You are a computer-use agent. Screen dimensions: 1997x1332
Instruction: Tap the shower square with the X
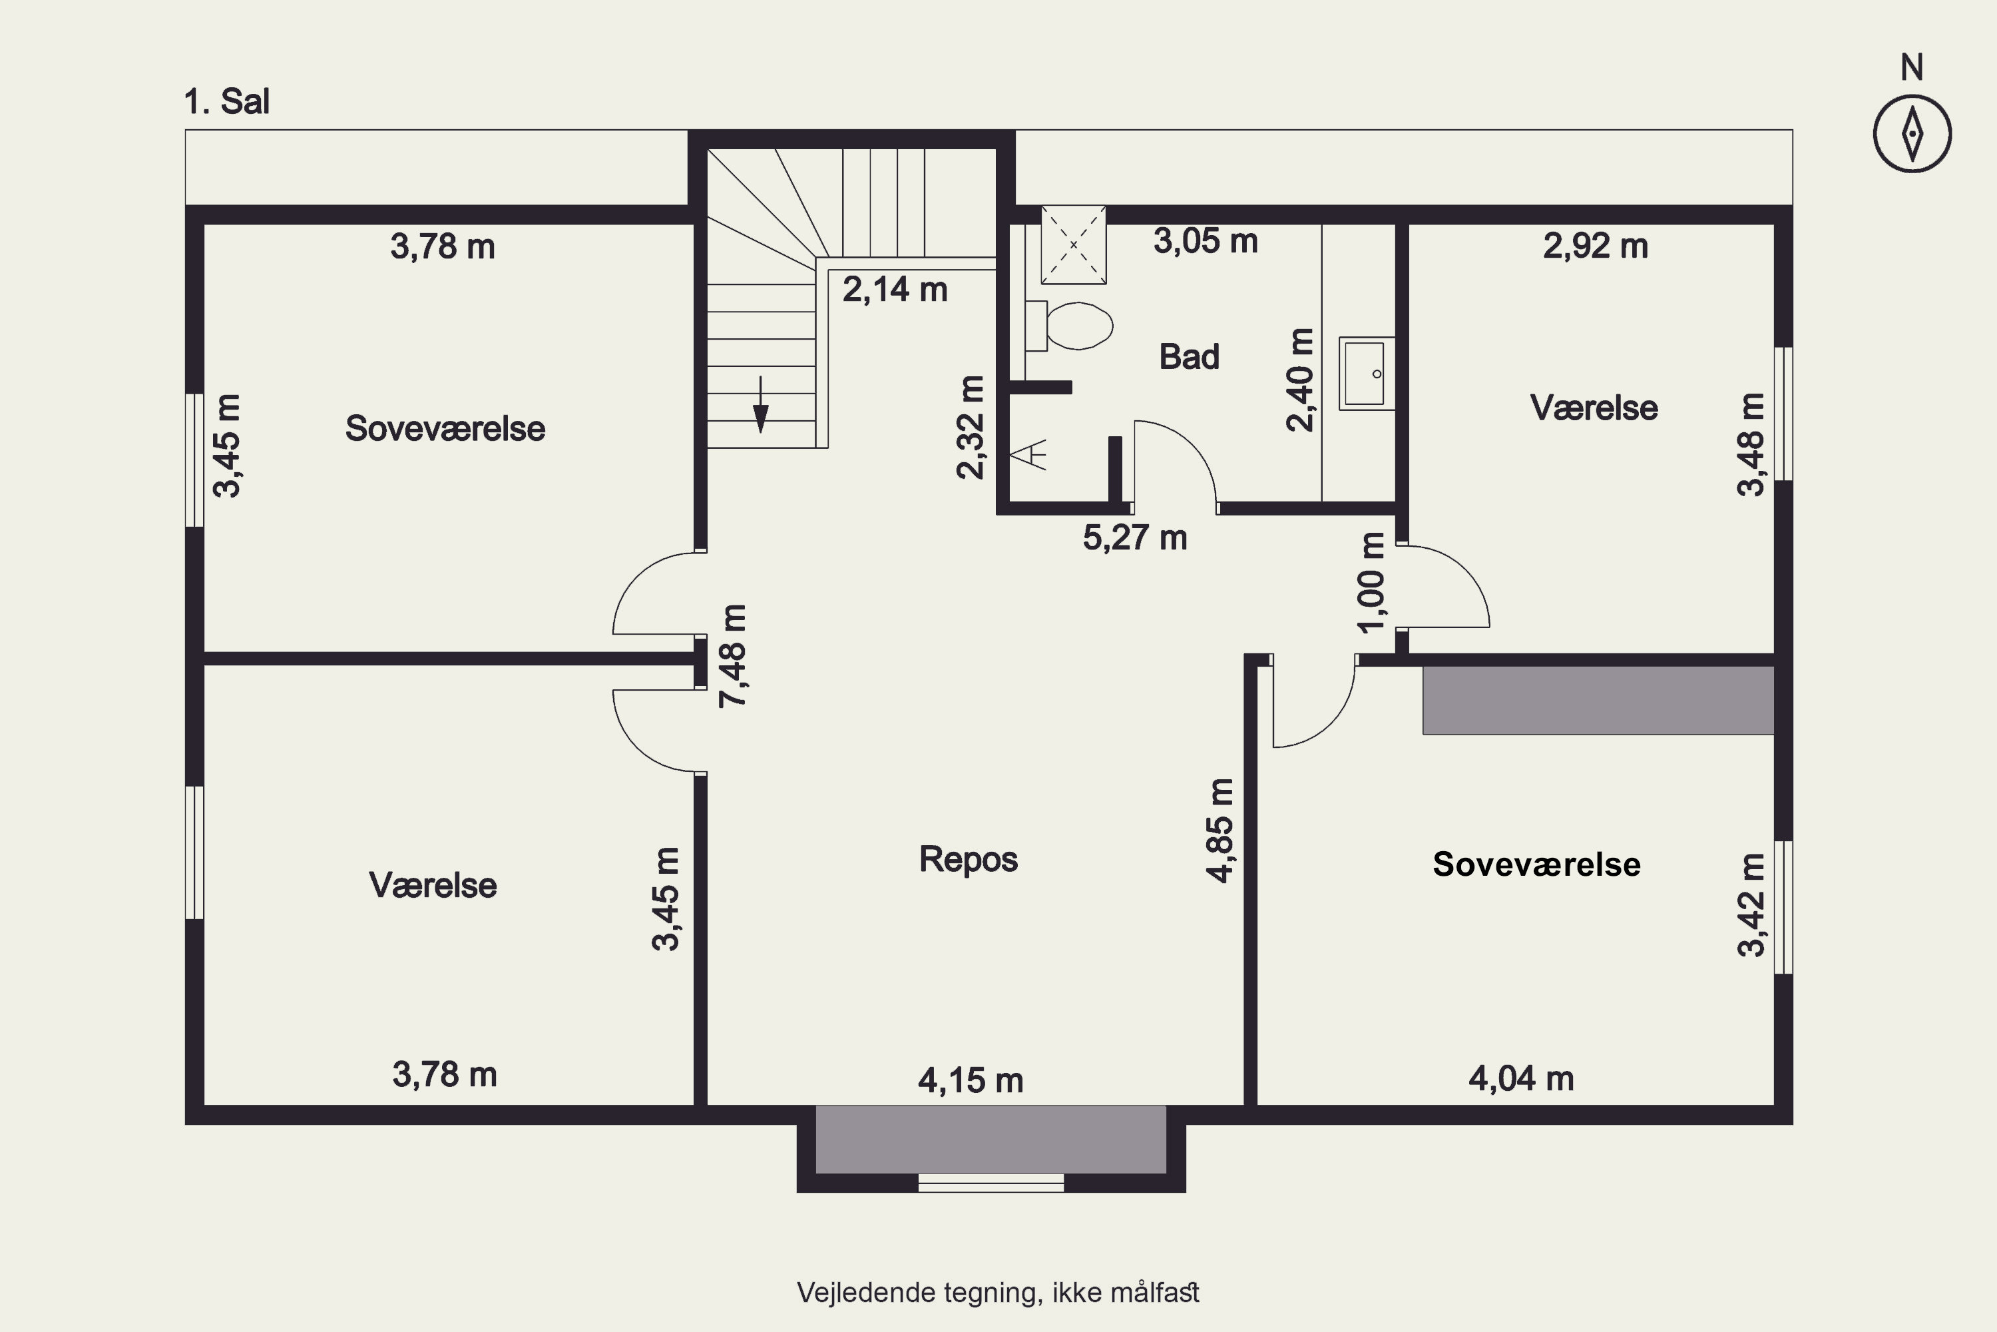(1073, 244)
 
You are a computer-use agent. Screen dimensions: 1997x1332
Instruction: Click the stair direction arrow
(761, 404)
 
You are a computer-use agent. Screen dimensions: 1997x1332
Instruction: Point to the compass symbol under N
(1912, 133)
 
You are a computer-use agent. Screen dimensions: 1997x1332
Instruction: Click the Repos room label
(969, 860)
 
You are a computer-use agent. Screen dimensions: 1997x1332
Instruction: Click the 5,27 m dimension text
(1135, 537)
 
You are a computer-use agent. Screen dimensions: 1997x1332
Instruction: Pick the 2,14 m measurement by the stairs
(895, 290)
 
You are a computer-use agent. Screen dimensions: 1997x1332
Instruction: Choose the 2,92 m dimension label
(1596, 246)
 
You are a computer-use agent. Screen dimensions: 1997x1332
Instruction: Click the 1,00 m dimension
(1372, 583)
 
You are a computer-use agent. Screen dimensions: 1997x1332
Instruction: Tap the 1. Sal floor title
(227, 102)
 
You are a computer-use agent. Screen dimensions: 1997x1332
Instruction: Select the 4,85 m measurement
(1220, 831)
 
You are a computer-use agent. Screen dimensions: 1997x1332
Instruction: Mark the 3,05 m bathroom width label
(1206, 241)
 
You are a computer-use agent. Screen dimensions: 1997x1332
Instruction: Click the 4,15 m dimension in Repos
(971, 1080)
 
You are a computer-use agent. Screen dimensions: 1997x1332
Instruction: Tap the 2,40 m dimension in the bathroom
(1301, 380)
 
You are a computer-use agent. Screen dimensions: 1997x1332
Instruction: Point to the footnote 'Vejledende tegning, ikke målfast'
(998, 1293)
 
